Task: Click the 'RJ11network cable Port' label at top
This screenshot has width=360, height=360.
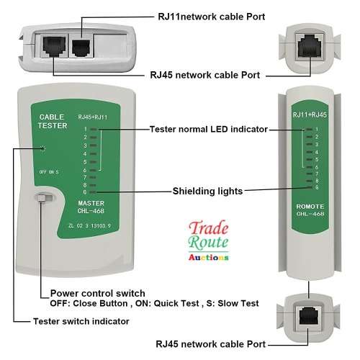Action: point(211,15)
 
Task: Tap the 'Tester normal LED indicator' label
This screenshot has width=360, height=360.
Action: point(209,129)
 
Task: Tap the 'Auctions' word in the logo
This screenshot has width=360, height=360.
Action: point(209,256)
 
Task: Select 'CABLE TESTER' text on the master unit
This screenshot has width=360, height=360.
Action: point(51,120)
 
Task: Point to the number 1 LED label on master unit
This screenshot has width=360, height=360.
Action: point(86,130)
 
